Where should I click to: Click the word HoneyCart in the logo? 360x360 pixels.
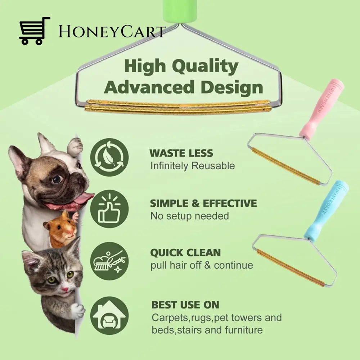[x=112, y=32]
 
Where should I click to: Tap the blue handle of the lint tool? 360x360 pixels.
[x=326, y=210]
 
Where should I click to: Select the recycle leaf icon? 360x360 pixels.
[x=109, y=157]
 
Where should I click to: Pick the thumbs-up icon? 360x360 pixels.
[x=109, y=209]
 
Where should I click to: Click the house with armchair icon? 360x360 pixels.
[x=109, y=315]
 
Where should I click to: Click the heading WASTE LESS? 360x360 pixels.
[x=181, y=153]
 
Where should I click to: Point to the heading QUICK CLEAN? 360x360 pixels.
[x=185, y=253]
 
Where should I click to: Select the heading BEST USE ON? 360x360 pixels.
[x=185, y=305]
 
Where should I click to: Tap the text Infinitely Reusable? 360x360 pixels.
[x=192, y=166]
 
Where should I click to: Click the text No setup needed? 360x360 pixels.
[x=189, y=216]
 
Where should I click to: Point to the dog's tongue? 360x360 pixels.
[x=83, y=198]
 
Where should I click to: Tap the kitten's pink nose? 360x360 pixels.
[x=65, y=288]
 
